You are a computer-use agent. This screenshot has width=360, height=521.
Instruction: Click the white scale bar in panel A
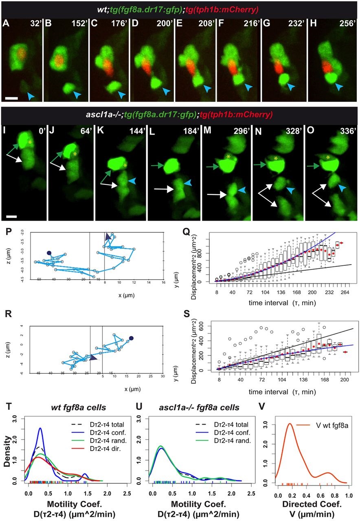[11, 98]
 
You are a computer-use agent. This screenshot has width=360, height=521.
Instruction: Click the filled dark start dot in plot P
[49, 253]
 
